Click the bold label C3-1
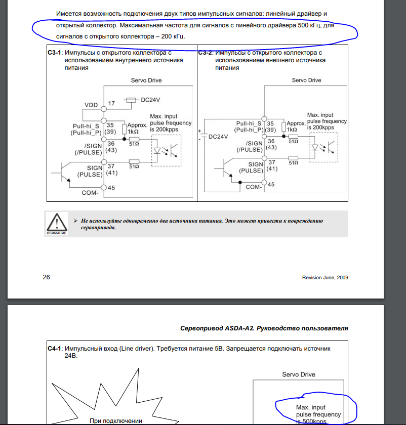54,53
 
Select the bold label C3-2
205,53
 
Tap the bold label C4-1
54,349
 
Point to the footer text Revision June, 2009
325,277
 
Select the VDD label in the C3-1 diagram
91,105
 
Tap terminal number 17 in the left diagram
112,103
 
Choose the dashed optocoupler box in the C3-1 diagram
166,151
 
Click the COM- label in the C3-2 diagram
253,187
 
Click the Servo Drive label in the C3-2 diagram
306,80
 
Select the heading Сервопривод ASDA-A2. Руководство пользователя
264,328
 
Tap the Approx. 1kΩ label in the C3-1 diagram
137,127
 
